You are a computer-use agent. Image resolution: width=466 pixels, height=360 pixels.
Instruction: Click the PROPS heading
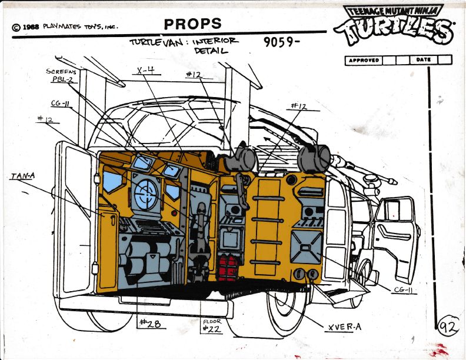[x=192, y=24]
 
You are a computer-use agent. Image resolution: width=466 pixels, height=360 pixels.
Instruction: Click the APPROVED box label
[x=363, y=60]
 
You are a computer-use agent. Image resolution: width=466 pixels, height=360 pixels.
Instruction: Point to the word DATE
[x=423, y=60]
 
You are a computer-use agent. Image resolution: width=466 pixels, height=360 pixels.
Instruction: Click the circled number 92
[x=450, y=327]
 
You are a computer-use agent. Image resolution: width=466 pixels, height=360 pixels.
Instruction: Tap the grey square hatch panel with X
[x=307, y=246]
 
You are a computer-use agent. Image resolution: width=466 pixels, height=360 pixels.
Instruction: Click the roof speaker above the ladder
[x=314, y=158]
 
